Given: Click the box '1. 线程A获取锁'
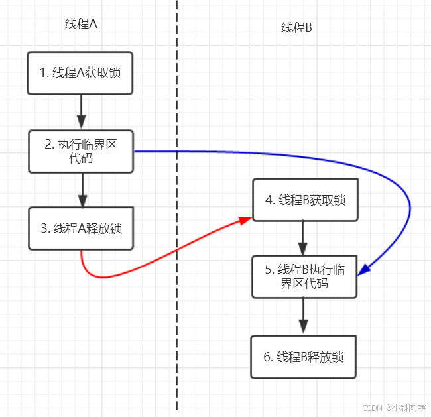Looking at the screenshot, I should pyautogui.click(x=80, y=73).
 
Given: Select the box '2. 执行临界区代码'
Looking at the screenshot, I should pyautogui.click(x=81, y=151).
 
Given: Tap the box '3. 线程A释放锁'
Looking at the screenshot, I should pyautogui.click(x=81, y=228).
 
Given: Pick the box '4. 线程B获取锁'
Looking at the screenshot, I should pyautogui.click(x=304, y=200).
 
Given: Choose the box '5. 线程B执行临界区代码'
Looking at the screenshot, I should pyautogui.click(x=304, y=276).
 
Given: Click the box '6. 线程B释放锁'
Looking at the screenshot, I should pyautogui.click(x=304, y=357).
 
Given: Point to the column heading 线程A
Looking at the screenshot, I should pyautogui.click(x=81, y=24).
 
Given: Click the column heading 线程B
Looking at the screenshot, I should pyautogui.click(x=296, y=27).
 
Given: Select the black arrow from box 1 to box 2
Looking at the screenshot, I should pyautogui.click(x=81, y=111).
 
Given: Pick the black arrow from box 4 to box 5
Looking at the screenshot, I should pyautogui.click(x=304, y=238).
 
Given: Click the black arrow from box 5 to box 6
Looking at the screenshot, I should pyautogui.click(x=304, y=316).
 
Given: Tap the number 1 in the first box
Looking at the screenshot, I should pyautogui.click(x=42, y=74).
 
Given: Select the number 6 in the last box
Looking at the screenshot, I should pyautogui.click(x=267, y=357).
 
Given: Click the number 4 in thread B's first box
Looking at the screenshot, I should pyautogui.click(x=269, y=200).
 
